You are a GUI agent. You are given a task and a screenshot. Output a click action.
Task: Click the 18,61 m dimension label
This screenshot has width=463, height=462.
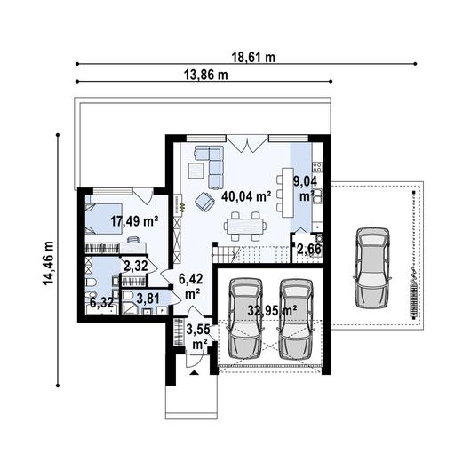point(254,57)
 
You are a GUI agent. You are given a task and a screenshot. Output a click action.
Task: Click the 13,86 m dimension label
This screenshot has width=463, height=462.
point(206,75)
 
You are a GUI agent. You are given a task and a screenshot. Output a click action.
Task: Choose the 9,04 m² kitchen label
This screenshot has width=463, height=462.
point(304,188)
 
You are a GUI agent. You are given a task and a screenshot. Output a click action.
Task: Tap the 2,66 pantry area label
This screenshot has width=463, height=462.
point(308,250)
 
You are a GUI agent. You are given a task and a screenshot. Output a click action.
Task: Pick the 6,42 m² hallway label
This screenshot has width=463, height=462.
point(189,284)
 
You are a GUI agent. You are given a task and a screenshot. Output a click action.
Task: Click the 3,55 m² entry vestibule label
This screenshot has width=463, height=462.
point(198,336)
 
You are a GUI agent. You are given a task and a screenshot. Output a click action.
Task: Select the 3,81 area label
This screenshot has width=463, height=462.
point(148,298)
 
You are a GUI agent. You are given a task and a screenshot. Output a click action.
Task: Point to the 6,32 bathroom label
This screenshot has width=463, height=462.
point(100,302)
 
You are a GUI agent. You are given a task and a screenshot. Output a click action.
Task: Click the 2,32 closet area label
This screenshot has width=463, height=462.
point(135,266)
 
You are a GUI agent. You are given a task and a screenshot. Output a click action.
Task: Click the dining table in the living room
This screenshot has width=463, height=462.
point(244,227)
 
